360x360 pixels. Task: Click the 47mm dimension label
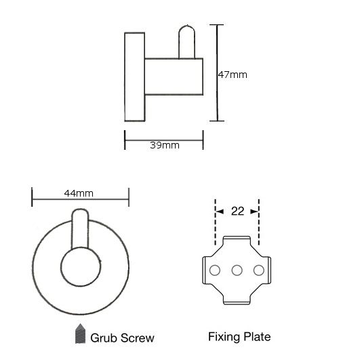(233, 75)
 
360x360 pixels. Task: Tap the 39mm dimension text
(165, 145)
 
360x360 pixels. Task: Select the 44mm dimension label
(79, 193)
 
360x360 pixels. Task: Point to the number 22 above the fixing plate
(237, 212)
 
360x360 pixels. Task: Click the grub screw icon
(81, 334)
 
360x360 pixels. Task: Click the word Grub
(104, 338)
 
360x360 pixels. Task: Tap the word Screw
(138, 338)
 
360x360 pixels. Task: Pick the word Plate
(257, 337)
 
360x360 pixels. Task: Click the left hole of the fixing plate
(215, 271)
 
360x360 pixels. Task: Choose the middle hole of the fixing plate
(237, 271)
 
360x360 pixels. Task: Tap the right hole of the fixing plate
(259, 271)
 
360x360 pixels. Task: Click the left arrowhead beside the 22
(220, 212)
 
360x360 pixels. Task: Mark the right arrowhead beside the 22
(254, 212)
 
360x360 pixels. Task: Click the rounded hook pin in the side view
(186, 42)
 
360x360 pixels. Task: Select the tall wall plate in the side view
(134, 77)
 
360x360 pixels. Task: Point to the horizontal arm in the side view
(174, 77)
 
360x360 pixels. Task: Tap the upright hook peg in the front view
(80, 229)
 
